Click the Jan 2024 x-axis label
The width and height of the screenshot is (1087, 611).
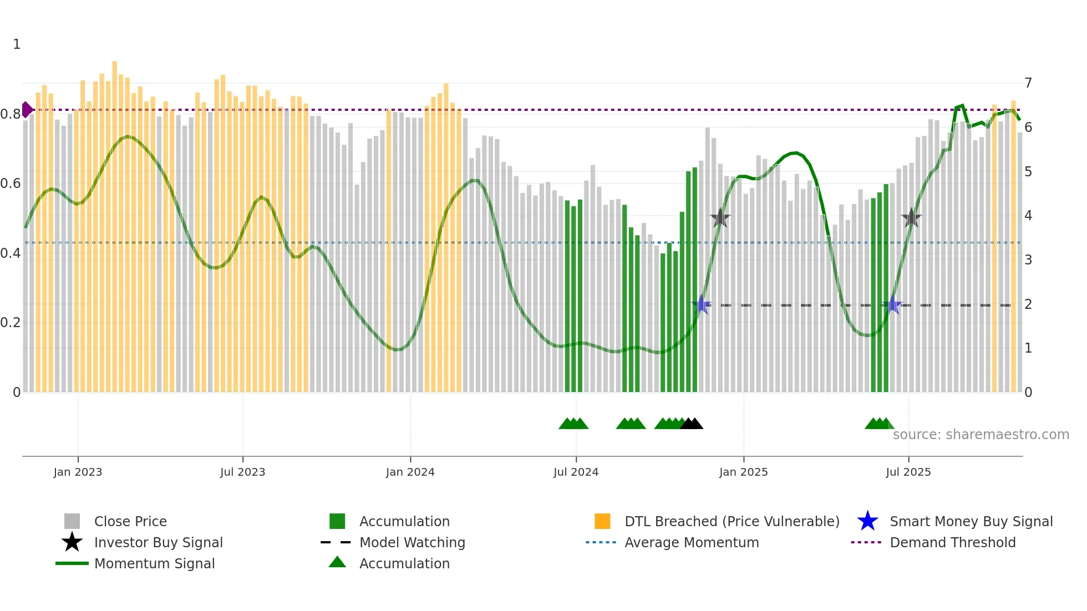click(x=410, y=472)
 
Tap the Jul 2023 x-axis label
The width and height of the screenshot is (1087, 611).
click(x=242, y=472)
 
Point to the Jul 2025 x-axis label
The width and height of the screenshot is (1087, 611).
click(x=908, y=472)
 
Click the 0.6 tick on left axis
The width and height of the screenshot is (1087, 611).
click(x=11, y=184)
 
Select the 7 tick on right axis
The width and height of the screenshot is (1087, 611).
click(x=1028, y=83)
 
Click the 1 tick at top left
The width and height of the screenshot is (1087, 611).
click(x=17, y=44)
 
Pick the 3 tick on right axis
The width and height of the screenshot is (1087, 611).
click(x=1028, y=259)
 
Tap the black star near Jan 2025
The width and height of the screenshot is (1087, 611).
click(x=720, y=218)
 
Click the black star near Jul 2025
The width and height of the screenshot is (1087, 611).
click(x=911, y=218)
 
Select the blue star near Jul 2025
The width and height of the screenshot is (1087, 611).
click(x=892, y=305)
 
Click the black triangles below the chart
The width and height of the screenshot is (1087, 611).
click(x=692, y=424)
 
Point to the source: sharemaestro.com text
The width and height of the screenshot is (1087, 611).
click(x=981, y=435)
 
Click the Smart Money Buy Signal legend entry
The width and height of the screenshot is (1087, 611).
click(x=971, y=521)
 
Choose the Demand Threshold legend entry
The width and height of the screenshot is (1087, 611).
click(x=952, y=542)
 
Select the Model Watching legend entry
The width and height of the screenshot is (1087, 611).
click(x=412, y=542)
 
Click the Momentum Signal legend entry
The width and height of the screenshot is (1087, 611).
click(x=154, y=563)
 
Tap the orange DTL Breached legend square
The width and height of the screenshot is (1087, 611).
click(x=602, y=521)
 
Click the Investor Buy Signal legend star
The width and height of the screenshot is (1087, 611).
click(x=72, y=542)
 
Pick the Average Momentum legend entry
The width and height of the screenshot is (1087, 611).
click(x=691, y=542)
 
